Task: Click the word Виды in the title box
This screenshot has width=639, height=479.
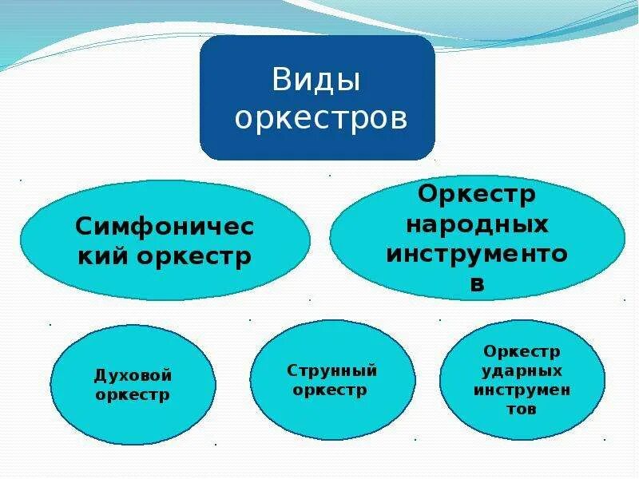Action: tap(316, 81)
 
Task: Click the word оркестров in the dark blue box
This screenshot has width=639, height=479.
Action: tap(322, 118)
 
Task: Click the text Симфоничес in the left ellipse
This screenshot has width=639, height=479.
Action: tap(165, 227)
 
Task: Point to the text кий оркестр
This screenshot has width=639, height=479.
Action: tap(165, 256)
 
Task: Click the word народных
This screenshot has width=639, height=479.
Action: tap(478, 224)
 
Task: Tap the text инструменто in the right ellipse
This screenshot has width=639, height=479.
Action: tap(478, 253)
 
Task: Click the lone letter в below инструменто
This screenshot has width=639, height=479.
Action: tap(478, 283)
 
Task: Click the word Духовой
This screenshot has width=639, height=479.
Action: tap(133, 375)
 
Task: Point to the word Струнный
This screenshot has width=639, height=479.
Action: tap(332, 370)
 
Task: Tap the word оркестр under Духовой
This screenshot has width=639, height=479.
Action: tap(133, 394)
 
